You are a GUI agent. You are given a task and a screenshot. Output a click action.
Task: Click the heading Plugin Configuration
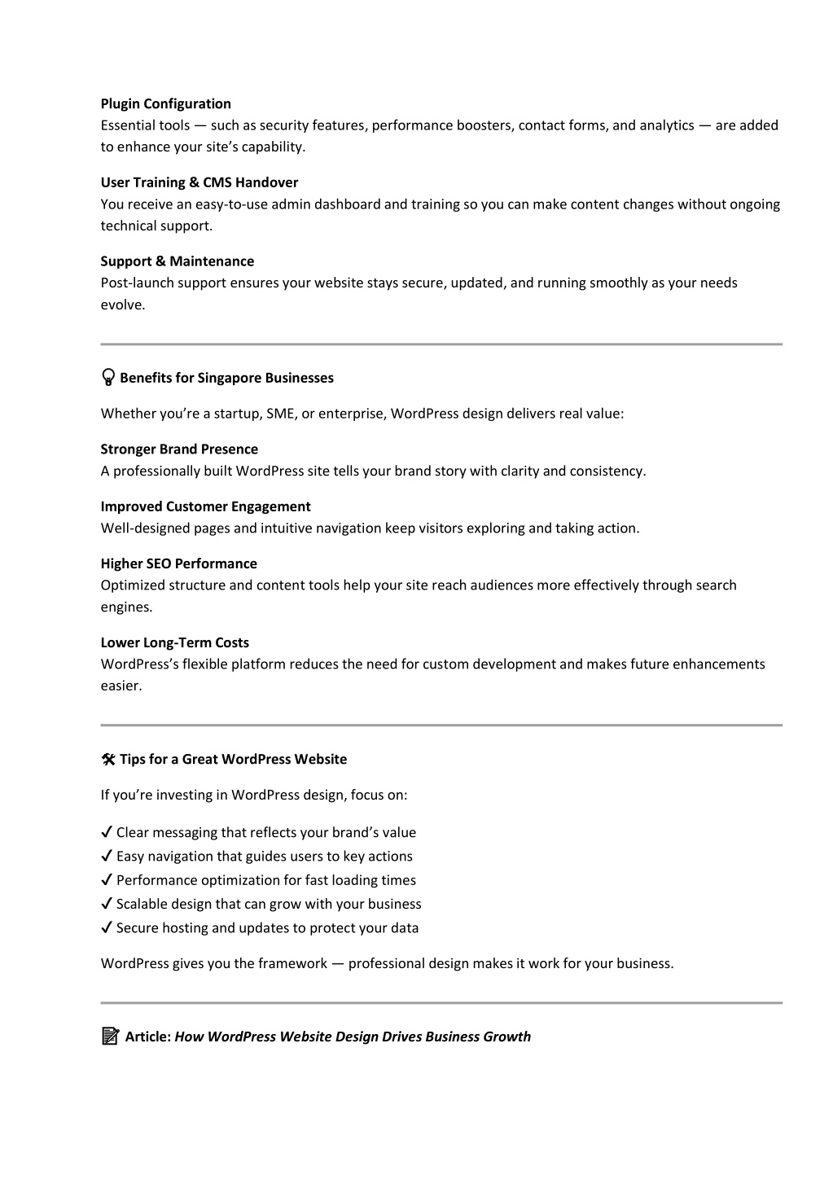(x=165, y=103)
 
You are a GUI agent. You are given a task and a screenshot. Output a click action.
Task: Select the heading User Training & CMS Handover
(x=199, y=182)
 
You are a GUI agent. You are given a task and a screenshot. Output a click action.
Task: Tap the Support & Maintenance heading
(x=177, y=261)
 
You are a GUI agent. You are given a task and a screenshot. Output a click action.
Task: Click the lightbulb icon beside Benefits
(x=108, y=378)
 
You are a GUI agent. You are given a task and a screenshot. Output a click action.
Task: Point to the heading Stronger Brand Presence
(x=179, y=449)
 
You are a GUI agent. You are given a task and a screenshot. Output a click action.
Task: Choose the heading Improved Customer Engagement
(x=205, y=506)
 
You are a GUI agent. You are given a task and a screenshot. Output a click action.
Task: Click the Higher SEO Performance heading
(x=178, y=563)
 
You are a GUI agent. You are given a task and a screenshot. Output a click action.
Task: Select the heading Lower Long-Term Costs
(x=174, y=642)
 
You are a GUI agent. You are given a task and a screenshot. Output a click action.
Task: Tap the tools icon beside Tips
(x=108, y=760)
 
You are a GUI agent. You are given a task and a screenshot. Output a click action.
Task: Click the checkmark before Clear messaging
(x=107, y=832)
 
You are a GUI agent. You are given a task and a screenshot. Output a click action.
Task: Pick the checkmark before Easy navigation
(x=107, y=856)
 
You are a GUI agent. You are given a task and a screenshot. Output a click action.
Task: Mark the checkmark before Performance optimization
(x=107, y=879)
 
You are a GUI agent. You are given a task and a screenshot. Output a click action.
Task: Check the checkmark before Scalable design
(x=107, y=904)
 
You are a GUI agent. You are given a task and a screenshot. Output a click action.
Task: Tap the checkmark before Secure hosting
(x=107, y=927)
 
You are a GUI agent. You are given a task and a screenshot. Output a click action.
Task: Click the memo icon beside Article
(x=110, y=1037)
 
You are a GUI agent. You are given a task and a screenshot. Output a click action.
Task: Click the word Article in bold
(x=147, y=1037)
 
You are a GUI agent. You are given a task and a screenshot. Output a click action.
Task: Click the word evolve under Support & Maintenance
(x=121, y=305)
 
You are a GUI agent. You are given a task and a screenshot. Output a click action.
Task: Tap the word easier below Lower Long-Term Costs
(x=121, y=686)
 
